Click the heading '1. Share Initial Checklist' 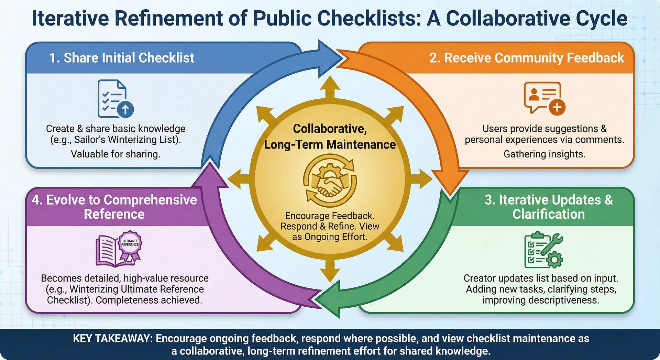(122, 58)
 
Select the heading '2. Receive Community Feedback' (526, 58)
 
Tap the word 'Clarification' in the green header (548, 214)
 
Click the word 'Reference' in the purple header (114, 214)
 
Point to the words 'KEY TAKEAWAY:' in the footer (112, 338)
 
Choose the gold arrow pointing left (238, 179)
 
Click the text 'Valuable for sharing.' (115, 154)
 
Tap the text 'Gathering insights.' (544, 154)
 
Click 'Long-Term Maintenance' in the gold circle (330, 145)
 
